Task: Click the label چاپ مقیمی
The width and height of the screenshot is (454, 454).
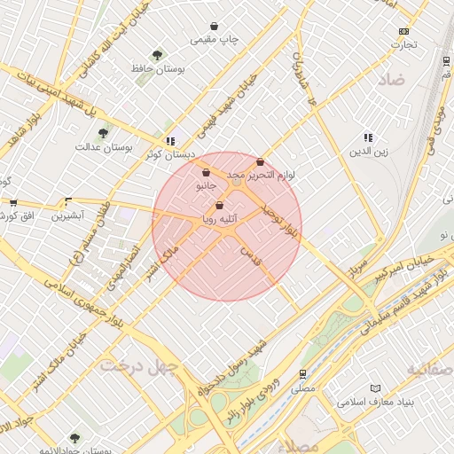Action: [x=215, y=40]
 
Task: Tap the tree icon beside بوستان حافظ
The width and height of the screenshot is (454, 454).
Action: [x=158, y=55]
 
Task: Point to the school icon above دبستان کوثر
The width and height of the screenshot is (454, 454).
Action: [x=170, y=141]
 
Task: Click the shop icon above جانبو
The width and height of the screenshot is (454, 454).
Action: [x=206, y=173]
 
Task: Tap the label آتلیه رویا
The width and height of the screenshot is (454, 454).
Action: [x=218, y=215]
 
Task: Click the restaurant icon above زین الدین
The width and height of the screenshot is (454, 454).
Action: [x=368, y=137]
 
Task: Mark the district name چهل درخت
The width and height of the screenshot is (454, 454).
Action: [x=139, y=364]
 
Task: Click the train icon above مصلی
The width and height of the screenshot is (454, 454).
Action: [x=303, y=374]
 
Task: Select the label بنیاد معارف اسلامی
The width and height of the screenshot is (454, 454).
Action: [x=376, y=402]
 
